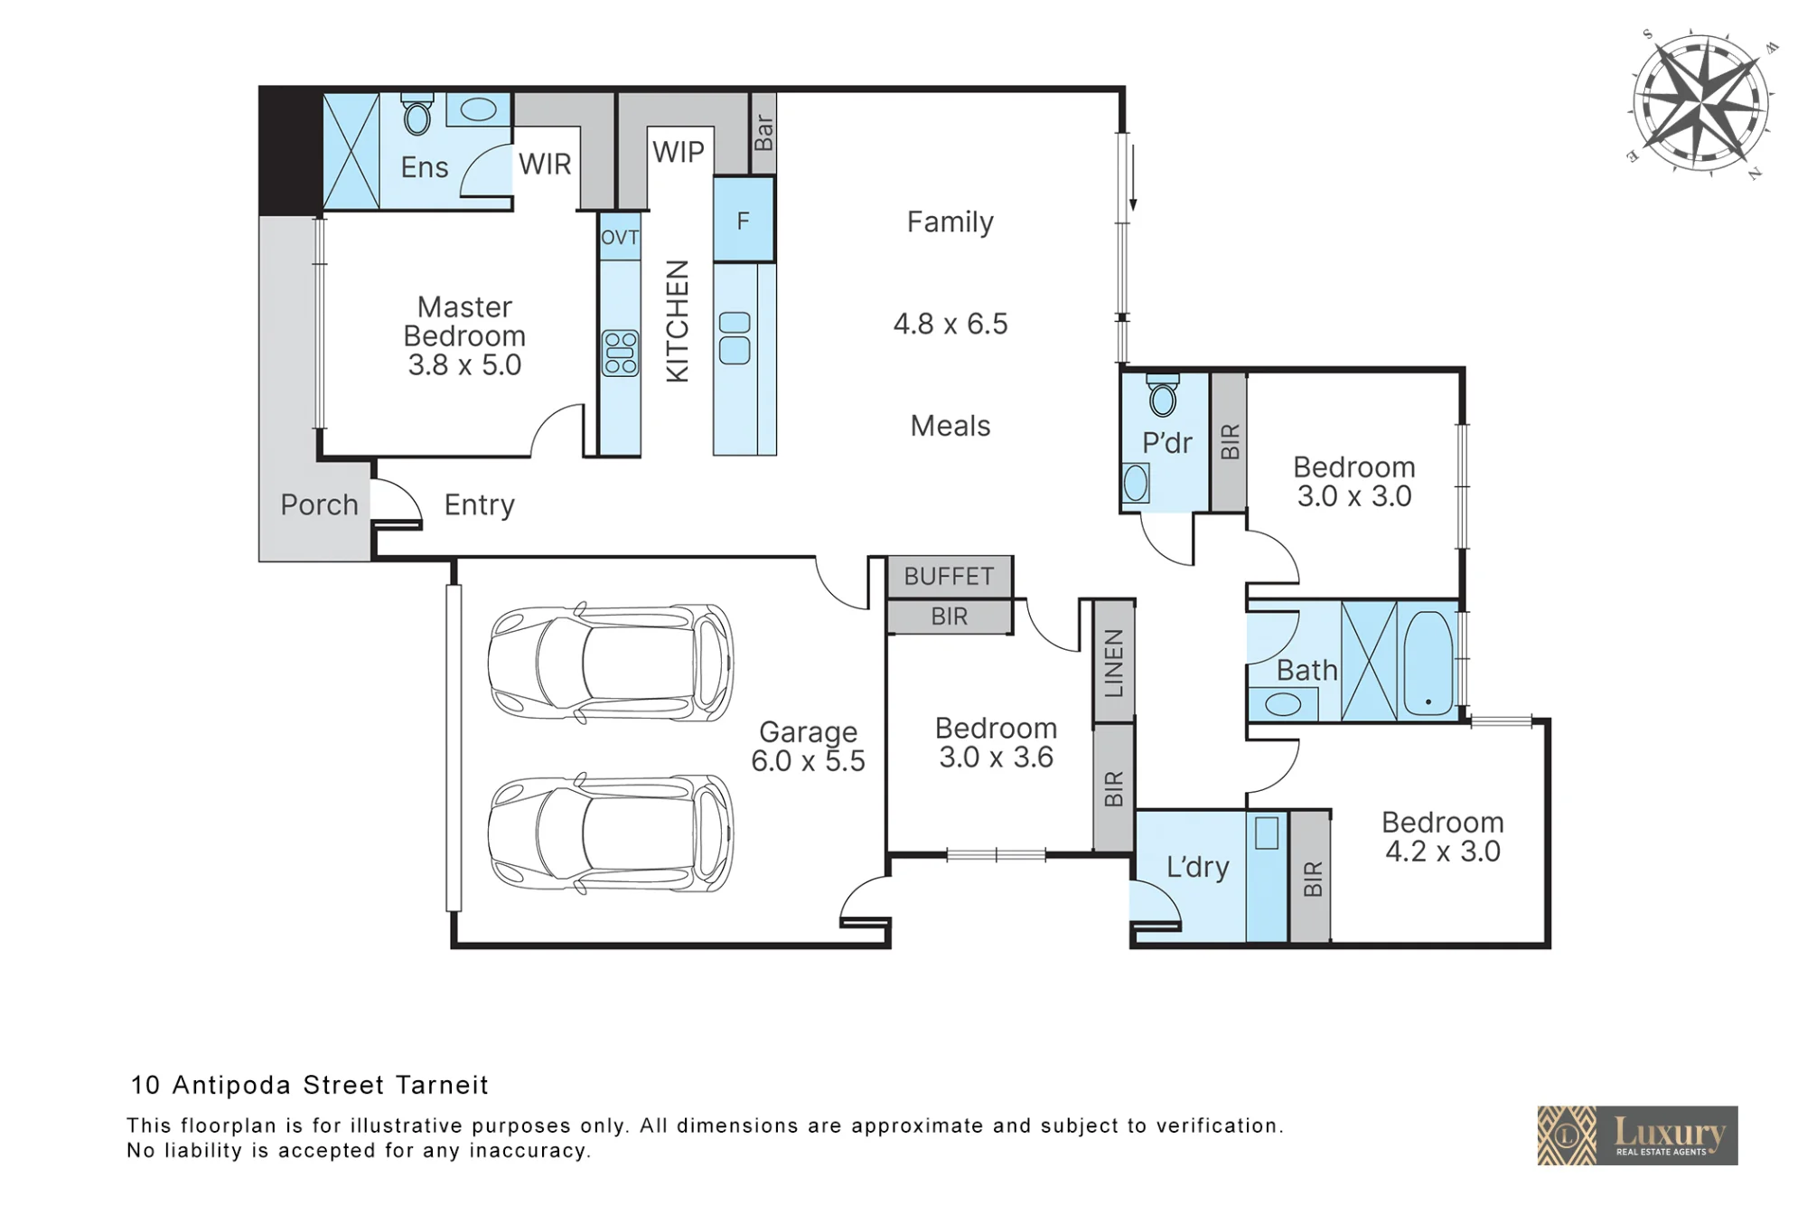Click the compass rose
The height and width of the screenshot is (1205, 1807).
[x=1702, y=101]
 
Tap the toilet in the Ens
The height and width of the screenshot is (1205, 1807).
[x=417, y=114]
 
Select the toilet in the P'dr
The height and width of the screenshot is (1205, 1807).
[x=1163, y=394]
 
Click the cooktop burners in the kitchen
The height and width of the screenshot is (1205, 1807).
[x=620, y=353]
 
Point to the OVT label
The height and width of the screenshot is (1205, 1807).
[x=620, y=238]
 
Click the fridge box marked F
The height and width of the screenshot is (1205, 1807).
[x=744, y=220]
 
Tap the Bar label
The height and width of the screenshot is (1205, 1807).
[x=763, y=132]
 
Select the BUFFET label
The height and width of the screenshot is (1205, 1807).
[x=949, y=576]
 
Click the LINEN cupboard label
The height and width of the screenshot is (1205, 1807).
[x=1114, y=664]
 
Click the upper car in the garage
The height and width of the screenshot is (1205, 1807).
[x=611, y=662]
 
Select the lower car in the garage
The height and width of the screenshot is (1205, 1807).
[x=611, y=833]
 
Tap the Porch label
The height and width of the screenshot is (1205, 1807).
[x=319, y=504]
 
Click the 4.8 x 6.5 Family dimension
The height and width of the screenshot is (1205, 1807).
[x=950, y=324]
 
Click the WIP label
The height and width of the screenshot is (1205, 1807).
[x=679, y=152]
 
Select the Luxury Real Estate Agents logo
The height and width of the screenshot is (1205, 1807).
[x=1637, y=1135]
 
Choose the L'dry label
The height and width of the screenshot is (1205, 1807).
[x=1197, y=866]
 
